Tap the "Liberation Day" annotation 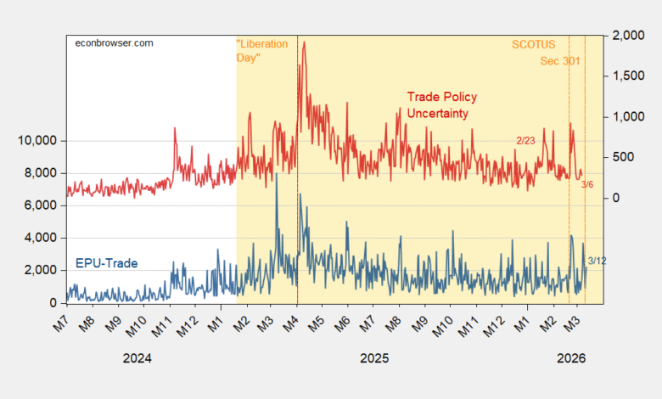262,50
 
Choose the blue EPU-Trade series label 107,262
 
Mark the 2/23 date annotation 526,140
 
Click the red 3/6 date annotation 587,184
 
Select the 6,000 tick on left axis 42,205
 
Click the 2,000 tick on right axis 626,36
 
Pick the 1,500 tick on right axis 626,76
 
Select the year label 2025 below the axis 373,358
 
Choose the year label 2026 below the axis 571,358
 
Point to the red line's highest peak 304,42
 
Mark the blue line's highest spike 277,174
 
